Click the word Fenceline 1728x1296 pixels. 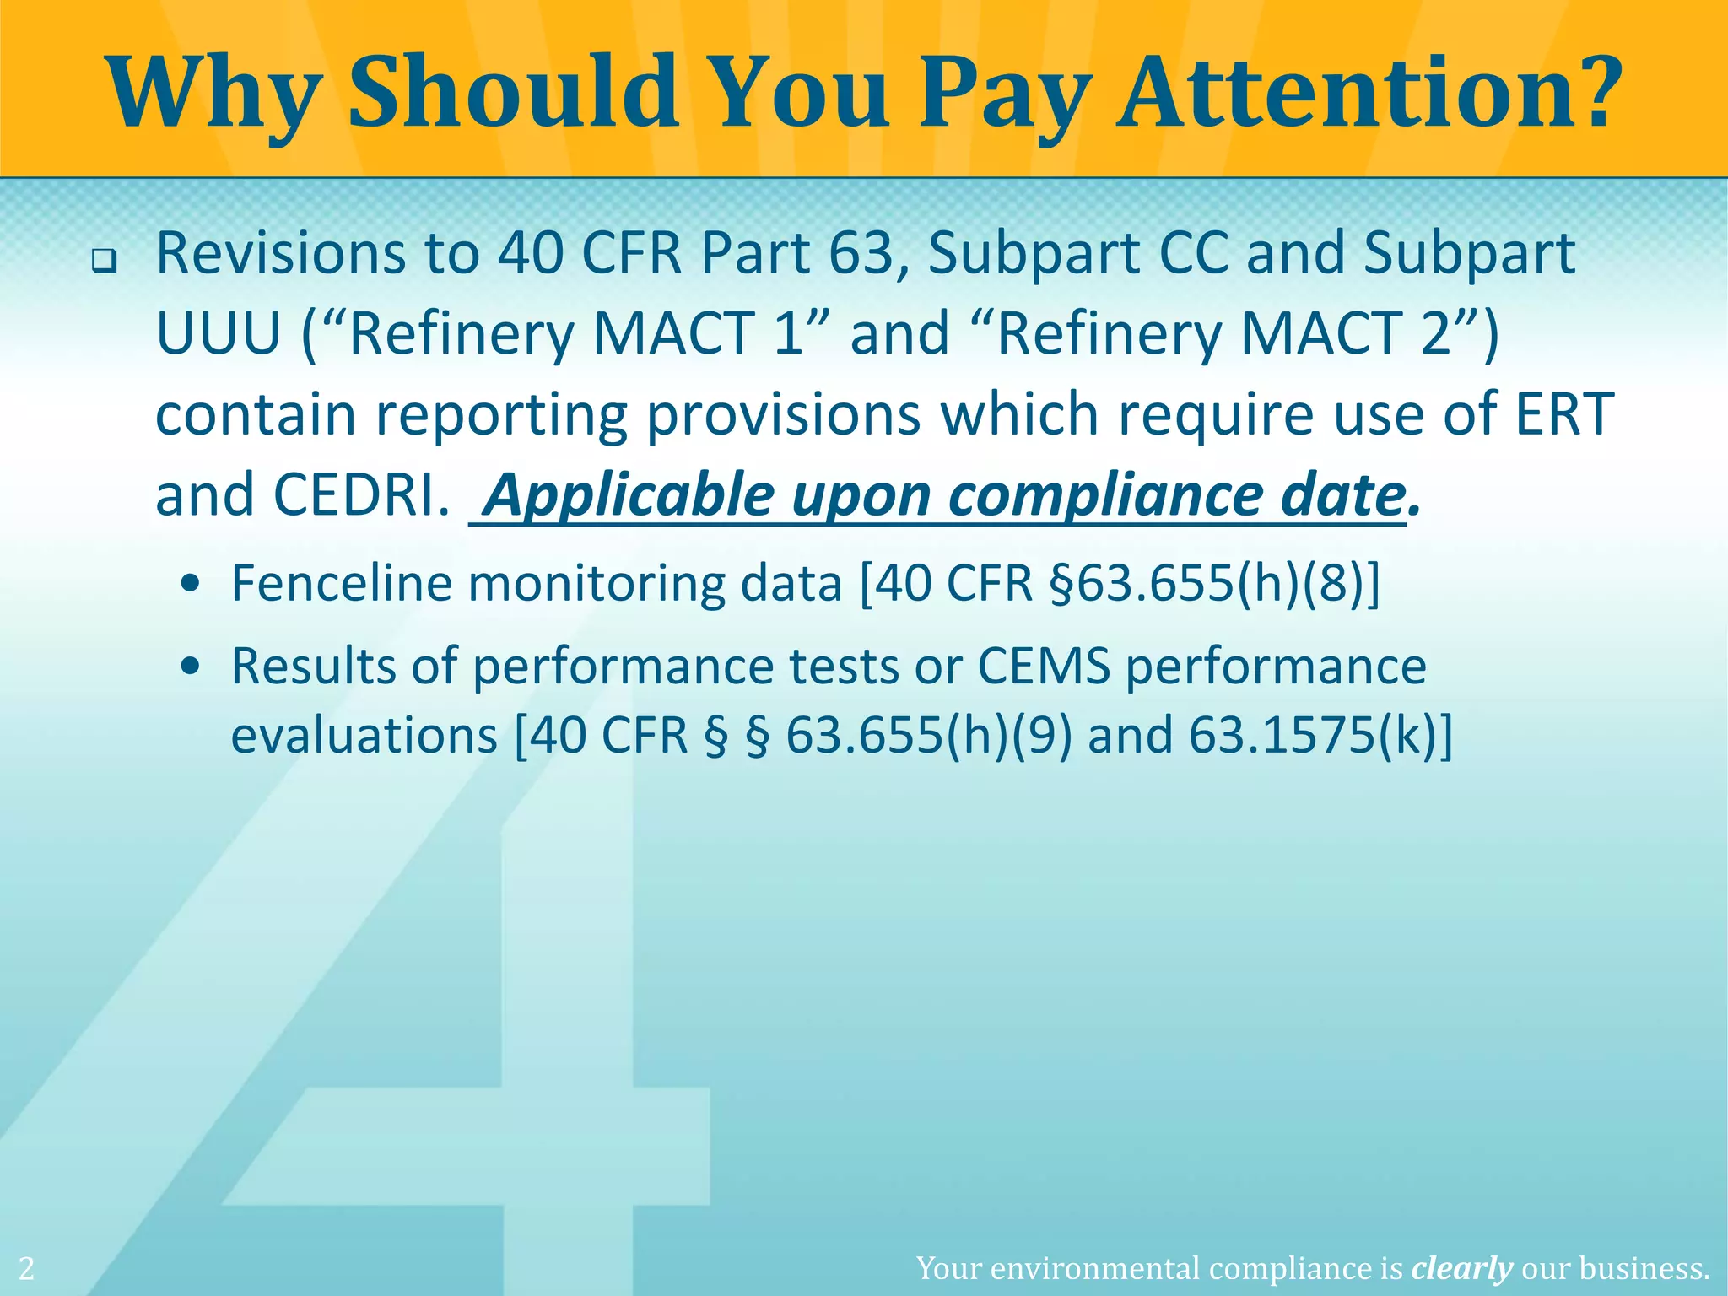(x=342, y=583)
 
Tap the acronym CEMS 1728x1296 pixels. (x=1044, y=666)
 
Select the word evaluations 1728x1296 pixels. (x=364, y=736)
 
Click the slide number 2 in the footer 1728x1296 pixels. (x=27, y=1268)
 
